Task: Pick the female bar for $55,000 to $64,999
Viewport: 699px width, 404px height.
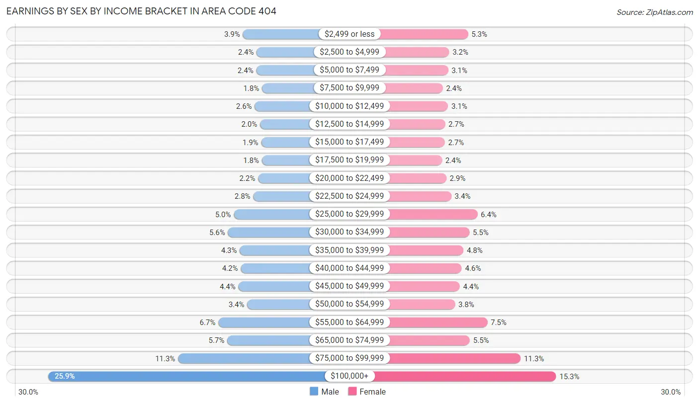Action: pos(437,323)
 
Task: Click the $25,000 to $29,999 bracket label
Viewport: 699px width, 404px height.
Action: pos(349,214)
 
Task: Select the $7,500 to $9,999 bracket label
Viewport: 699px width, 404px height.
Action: pos(349,88)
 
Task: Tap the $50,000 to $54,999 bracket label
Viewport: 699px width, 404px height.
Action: pos(349,304)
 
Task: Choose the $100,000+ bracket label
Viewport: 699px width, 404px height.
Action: pos(349,376)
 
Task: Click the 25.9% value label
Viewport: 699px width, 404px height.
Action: pos(65,376)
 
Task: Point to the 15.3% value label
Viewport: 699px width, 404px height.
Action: pos(569,376)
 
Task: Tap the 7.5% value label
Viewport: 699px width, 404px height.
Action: pos(498,323)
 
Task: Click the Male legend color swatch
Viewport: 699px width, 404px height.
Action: pos(314,392)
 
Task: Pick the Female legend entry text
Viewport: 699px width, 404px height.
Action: pos(372,392)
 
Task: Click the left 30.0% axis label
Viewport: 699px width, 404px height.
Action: pos(28,392)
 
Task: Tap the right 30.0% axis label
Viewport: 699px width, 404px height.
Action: pos(671,392)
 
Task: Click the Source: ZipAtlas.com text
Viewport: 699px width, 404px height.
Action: pos(655,12)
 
